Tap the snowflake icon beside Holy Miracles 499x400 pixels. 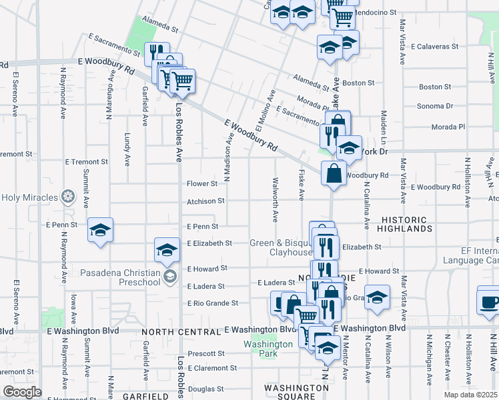tap(67, 197)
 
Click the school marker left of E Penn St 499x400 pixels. tap(100, 230)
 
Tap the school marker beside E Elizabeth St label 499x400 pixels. tap(166, 250)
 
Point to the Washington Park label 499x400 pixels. tap(268, 349)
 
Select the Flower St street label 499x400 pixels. tap(202, 183)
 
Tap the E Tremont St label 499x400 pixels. tap(86, 162)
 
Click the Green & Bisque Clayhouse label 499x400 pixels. tap(281, 247)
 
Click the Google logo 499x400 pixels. tap(22, 392)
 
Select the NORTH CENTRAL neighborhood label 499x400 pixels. tap(180, 331)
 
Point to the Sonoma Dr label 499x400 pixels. tap(435, 106)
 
